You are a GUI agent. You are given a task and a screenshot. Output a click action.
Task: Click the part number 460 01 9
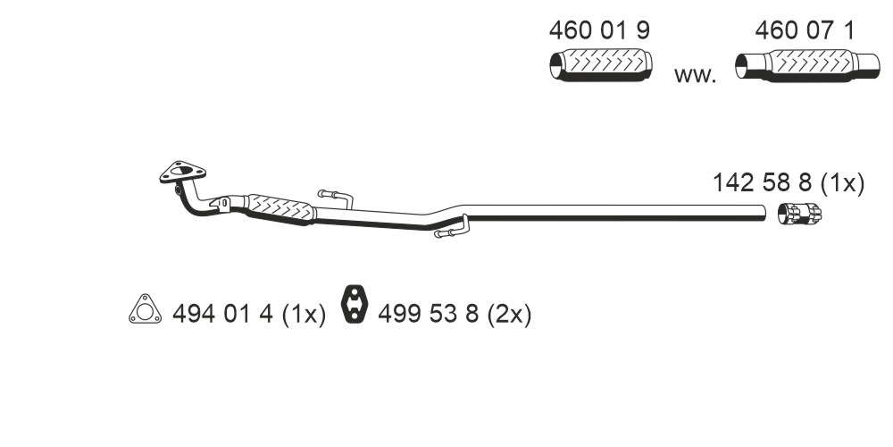click(598, 30)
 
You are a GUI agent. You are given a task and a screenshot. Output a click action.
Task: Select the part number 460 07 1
click(805, 30)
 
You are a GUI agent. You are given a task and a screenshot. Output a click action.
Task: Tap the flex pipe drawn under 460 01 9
click(601, 65)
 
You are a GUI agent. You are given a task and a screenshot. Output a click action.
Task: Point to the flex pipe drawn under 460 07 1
click(807, 65)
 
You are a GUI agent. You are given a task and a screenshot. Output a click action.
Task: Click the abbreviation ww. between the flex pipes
click(695, 75)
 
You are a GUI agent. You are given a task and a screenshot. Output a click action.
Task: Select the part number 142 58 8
click(764, 183)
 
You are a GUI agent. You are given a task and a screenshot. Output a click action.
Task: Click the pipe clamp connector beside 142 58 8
click(799, 214)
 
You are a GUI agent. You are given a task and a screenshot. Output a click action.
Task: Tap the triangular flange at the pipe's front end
click(182, 172)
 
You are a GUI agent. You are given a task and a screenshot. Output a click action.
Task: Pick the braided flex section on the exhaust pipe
click(280, 208)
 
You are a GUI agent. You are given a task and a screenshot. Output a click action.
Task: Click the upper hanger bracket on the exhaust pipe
click(336, 197)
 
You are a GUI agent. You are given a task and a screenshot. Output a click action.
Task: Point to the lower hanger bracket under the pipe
click(452, 228)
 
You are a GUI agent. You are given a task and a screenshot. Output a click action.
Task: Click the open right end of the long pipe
click(764, 212)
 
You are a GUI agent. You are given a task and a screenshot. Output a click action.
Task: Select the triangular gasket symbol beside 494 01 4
click(145, 309)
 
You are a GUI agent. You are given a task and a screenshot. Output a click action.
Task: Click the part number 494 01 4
click(222, 314)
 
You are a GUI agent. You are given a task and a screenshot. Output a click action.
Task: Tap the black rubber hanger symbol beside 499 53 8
click(355, 303)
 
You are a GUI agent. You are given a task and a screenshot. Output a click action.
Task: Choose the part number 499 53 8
click(429, 314)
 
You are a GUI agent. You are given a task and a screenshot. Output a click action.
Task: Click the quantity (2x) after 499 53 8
click(509, 315)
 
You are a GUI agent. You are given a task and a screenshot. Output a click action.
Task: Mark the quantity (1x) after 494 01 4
click(304, 315)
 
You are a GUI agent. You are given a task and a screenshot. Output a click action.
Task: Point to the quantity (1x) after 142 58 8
click(843, 184)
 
